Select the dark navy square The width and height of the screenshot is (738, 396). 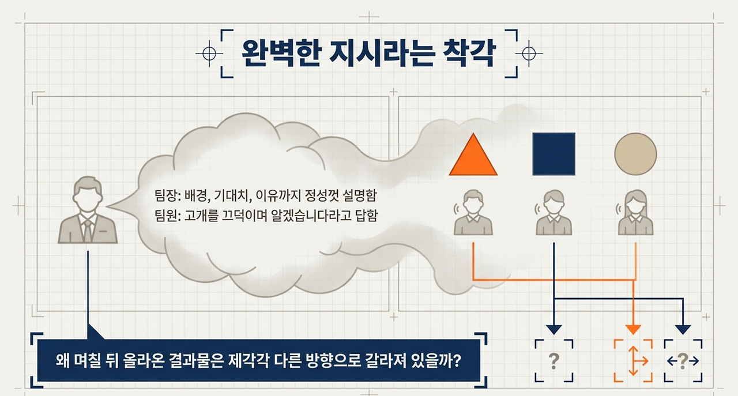pos(553,153)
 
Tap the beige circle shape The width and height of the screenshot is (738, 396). pos(635,153)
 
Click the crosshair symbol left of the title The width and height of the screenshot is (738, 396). pos(209,54)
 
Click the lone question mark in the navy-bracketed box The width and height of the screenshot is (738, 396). pos(553,361)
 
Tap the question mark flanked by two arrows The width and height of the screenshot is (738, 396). pos(683,361)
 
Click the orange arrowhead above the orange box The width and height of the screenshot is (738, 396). pos(634,329)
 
